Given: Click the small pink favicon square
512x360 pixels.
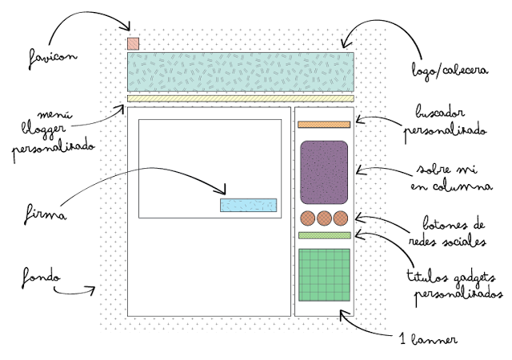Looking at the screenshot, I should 133,43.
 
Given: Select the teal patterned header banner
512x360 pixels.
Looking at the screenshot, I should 240,73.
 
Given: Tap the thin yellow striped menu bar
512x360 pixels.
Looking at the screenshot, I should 240,98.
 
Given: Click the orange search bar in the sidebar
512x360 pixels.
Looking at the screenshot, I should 324,124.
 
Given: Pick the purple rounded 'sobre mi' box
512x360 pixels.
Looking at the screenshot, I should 324,171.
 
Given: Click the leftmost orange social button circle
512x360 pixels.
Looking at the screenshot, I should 308,218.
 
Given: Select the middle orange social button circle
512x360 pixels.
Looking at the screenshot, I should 324,218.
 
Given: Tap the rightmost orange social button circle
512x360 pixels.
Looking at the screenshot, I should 341,218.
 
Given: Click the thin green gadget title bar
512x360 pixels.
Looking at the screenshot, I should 324,235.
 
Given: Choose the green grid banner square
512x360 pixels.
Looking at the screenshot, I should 324,274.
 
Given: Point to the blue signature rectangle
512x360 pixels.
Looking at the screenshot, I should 248,206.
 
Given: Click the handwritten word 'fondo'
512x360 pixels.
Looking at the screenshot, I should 42,279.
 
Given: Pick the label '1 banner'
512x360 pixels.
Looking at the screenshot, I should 428,339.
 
